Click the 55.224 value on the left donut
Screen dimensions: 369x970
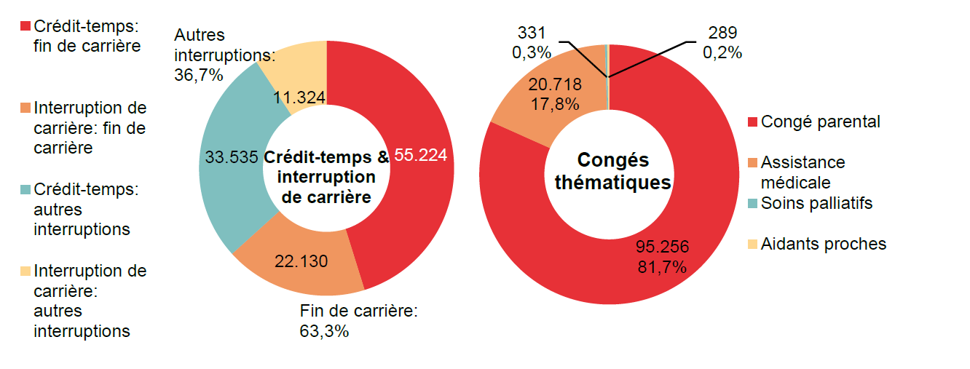point(420,155)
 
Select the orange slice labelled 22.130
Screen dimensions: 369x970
point(301,261)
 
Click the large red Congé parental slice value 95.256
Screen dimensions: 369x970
point(662,246)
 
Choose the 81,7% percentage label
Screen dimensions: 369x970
point(661,266)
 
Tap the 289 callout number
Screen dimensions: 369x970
point(722,33)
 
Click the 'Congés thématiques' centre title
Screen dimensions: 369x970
point(612,172)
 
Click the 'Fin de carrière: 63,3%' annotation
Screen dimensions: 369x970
point(359,321)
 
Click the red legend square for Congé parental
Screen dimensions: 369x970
point(753,122)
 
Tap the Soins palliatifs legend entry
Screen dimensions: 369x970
point(816,203)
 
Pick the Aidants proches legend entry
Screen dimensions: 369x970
point(823,244)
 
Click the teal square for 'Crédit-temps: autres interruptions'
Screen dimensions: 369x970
point(25,189)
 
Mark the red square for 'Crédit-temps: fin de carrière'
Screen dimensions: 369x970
point(25,26)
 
